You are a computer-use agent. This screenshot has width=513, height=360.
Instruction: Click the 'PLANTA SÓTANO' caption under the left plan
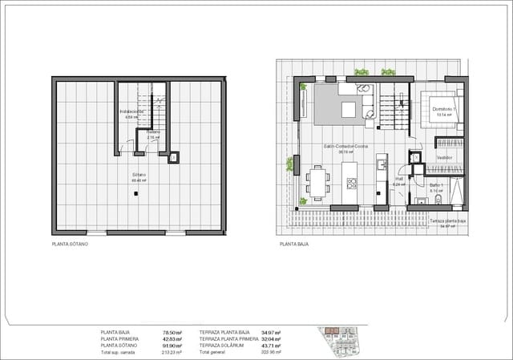click(x=70, y=243)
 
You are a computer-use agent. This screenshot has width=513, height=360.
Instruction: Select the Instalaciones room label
click(x=131, y=111)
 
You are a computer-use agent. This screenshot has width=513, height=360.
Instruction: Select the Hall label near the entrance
click(x=398, y=180)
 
